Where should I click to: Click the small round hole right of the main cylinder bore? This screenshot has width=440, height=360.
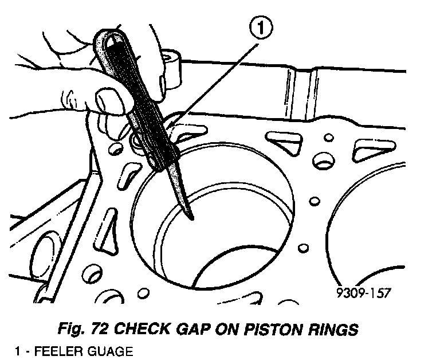[x=314, y=201]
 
